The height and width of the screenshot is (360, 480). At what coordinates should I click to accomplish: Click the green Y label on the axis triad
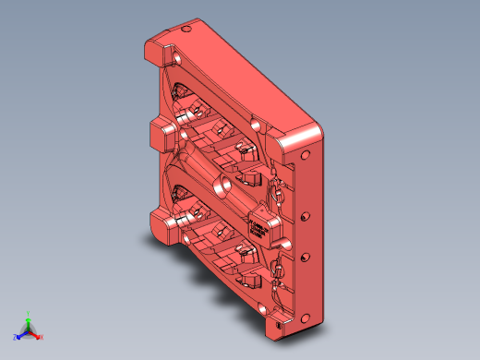[28, 313]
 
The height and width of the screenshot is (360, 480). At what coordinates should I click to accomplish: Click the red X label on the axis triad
[42, 337]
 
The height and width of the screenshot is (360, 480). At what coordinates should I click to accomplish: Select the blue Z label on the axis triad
[14, 337]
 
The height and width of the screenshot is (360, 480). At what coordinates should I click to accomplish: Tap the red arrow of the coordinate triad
[35, 333]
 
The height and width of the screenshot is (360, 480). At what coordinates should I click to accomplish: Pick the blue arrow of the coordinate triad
[21, 333]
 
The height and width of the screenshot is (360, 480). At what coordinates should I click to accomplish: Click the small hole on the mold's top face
[187, 30]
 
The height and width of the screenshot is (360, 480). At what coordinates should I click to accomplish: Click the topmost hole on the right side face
[308, 154]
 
